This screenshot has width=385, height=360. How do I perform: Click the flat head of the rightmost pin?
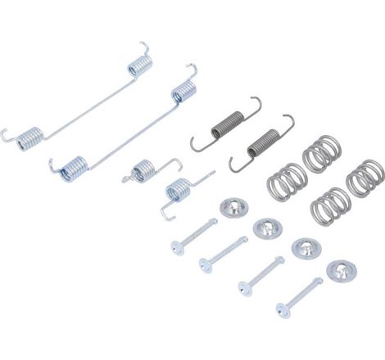point(282,310)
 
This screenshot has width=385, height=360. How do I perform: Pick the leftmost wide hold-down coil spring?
point(284,180)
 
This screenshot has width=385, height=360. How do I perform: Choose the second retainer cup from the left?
point(266,227)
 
